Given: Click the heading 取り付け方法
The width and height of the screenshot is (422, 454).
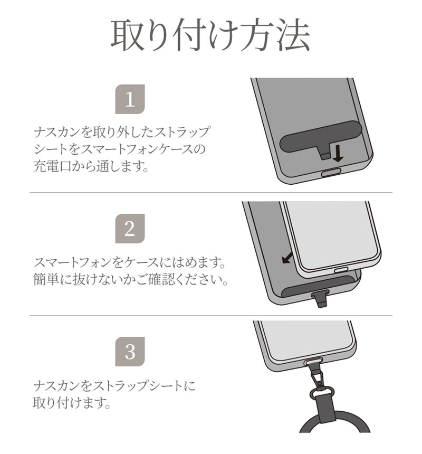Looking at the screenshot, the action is click(x=210, y=35).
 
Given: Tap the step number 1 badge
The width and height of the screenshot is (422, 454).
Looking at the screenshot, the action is click(x=130, y=99).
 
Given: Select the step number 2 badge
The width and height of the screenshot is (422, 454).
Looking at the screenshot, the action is click(x=130, y=229).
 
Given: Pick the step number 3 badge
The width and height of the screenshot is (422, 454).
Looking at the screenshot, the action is click(x=130, y=352).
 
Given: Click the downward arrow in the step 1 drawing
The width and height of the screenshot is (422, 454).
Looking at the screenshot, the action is click(x=338, y=153).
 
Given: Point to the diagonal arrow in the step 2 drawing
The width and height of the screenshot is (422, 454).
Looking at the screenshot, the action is click(x=287, y=258).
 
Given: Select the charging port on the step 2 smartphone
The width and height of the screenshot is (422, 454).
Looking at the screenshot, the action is click(x=341, y=271).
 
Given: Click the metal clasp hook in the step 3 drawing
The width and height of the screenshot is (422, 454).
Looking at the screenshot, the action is click(x=316, y=374).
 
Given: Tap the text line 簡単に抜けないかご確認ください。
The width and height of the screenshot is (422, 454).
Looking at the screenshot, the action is click(x=130, y=279).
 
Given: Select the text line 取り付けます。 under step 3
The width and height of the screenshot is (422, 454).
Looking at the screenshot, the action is click(x=72, y=402).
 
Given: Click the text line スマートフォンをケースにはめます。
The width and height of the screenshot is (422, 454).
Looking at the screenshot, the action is click(x=129, y=262).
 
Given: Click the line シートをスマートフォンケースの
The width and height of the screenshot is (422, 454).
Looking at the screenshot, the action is click(x=119, y=149).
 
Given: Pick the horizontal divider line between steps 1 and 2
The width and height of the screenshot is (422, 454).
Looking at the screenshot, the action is click(x=211, y=193).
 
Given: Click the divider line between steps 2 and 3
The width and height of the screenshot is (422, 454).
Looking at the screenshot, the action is click(x=211, y=316).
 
